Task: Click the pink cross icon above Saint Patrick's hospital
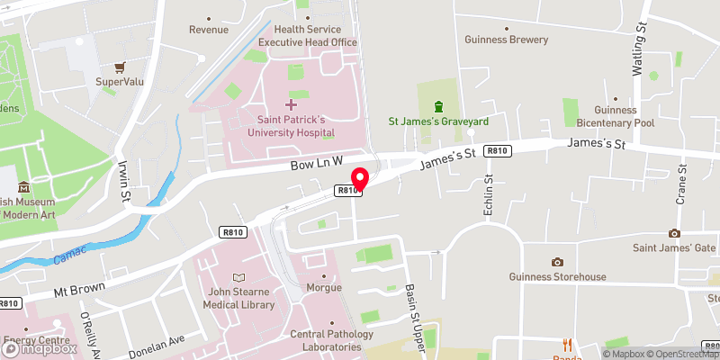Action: pos(290,104)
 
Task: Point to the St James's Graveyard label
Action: pos(438,121)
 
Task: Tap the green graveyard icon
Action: pos(438,106)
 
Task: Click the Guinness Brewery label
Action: pos(507,40)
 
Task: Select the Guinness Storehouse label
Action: pos(557,277)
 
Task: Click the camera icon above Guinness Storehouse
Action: pos(557,262)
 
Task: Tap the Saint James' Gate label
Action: pos(674,248)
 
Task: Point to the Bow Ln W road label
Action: pos(318,163)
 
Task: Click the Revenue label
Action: pos(208,30)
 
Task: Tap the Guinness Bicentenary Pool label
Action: pos(616,116)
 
